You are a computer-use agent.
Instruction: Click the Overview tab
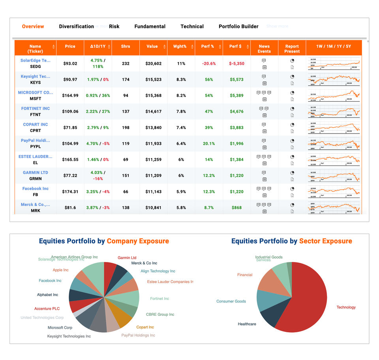coord(33,26)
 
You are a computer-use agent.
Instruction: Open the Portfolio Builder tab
coord(238,26)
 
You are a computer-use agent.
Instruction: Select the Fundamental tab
coord(150,26)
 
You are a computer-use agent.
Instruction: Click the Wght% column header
coord(180,46)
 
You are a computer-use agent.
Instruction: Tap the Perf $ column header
coord(235,46)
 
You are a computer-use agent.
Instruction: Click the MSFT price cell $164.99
coord(70,96)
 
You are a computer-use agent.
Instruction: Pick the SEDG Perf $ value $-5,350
coord(237,64)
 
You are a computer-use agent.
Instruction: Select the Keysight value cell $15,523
coord(153,80)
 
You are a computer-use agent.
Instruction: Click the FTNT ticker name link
coord(36,108)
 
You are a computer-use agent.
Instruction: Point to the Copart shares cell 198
coord(126,128)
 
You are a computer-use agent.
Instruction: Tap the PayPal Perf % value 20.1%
coord(209,144)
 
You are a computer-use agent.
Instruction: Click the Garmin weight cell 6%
coord(181,176)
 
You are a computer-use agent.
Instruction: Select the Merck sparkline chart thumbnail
coord(334,207)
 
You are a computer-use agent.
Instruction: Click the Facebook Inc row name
coord(36,188)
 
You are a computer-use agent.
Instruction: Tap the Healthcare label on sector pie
coord(247,324)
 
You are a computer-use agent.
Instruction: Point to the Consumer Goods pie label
coord(231,302)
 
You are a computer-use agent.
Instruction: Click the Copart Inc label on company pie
coord(145,327)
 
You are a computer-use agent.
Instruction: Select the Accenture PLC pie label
coord(47,309)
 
